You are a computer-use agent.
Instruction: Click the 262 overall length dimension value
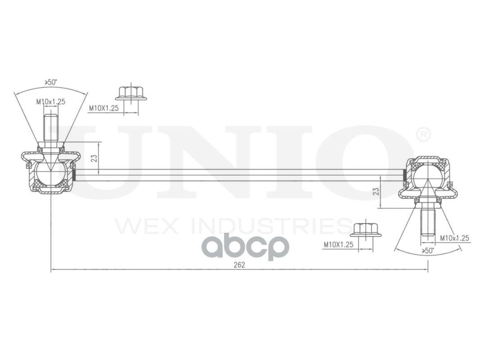[x=239, y=265]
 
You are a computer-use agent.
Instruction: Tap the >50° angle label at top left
[x=50, y=82]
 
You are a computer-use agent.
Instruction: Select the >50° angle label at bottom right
[x=427, y=251]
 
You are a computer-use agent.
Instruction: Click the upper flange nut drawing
[x=131, y=94]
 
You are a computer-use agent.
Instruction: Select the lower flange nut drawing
[x=365, y=229]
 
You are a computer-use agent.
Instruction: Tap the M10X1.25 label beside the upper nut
[x=103, y=108]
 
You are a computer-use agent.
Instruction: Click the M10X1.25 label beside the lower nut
[x=338, y=245]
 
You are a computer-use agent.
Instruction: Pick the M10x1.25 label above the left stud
[x=50, y=102]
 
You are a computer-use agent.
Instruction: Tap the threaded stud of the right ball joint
[x=427, y=222]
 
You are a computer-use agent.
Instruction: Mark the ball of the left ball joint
[x=50, y=174]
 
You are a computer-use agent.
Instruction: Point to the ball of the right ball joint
[x=427, y=176]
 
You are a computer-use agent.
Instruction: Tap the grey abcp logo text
[x=245, y=247]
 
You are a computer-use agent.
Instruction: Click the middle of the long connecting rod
[x=239, y=175]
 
